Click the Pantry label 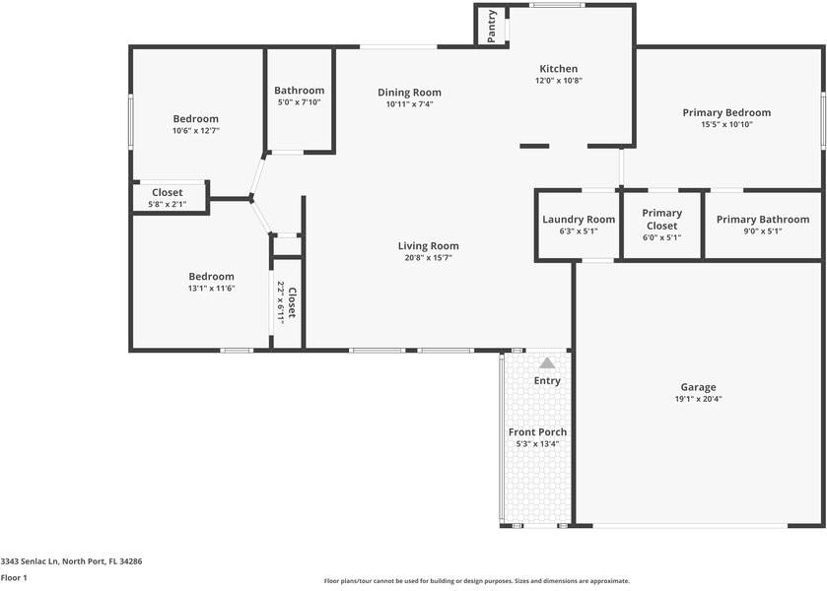pyautogui.click(x=492, y=27)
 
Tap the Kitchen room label pyautogui.click(x=558, y=69)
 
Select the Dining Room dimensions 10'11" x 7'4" pyautogui.click(x=409, y=104)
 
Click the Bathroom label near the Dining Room pyautogui.click(x=299, y=91)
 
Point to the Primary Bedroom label pyautogui.click(x=726, y=113)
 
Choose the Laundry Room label pyautogui.click(x=579, y=220)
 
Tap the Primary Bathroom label pyautogui.click(x=763, y=220)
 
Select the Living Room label pyautogui.click(x=428, y=246)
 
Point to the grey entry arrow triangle pyautogui.click(x=547, y=363)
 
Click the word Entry pyautogui.click(x=547, y=381)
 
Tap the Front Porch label pyautogui.click(x=537, y=432)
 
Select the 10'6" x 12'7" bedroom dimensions pyautogui.click(x=195, y=130)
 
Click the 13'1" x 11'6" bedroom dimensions pyautogui.click(x=211, y=289)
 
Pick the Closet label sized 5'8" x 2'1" pyautogui.click(x=167, y=193)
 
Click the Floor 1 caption pyautogui.click(x=14, y=578)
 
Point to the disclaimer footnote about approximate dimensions pyautogui.click(x=477, y=581)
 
